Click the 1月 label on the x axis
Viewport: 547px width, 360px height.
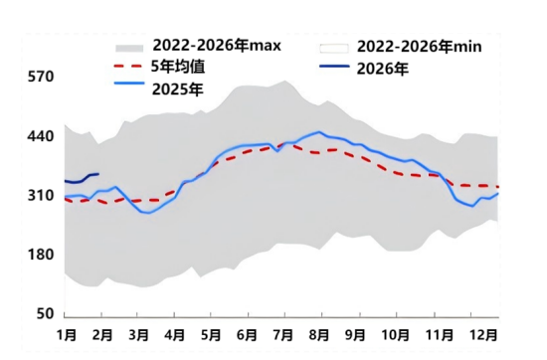(x=67, y=336)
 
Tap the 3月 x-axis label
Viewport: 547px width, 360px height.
(x=138, y=336)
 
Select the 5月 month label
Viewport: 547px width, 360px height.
(x=211, y=336)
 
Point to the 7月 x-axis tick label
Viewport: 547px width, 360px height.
(x=282, y=336)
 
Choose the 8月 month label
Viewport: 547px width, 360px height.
(x=319, y=336)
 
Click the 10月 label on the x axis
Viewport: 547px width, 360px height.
(x=396, y=336)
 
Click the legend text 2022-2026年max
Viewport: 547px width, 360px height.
(x=217, y=46)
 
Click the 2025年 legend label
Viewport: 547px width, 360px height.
(x=179, y=89)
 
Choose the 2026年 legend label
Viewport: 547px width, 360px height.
(x=382, y=69)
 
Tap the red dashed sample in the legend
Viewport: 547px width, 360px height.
(x=128, y=67)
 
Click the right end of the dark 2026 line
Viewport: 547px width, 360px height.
(x=98, y=174)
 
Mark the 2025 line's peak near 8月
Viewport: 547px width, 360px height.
(x=318, y=131)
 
